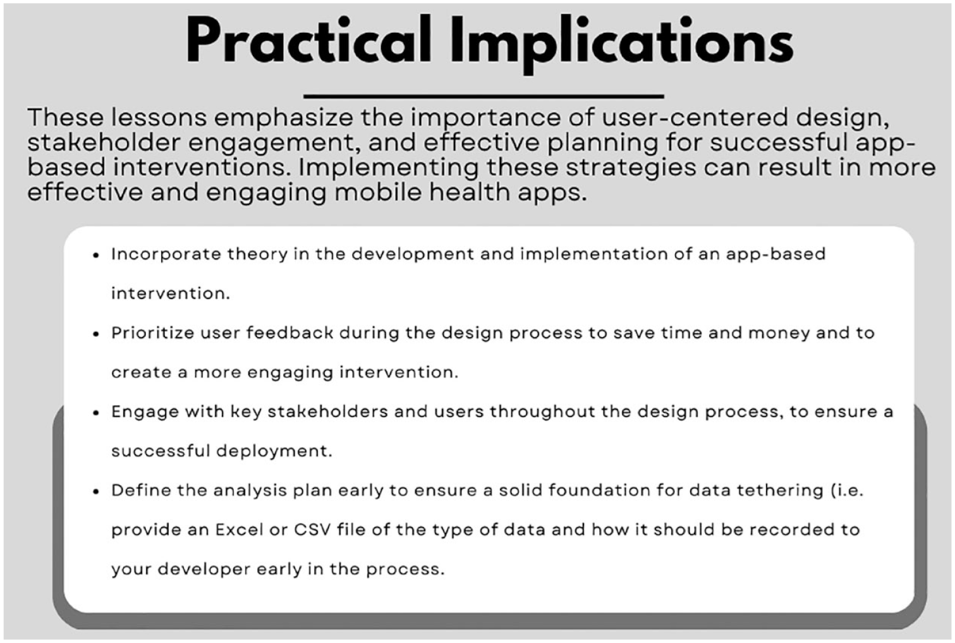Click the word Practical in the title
click(308, 41)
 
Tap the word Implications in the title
click(622, 45)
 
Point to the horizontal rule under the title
click(484, 96)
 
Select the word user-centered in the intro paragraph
click(695, 117)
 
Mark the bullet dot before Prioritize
click(96, 334)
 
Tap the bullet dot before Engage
click(96, 413)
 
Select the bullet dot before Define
click(96, 492)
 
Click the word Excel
click(239, 530)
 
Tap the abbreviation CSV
click(312, 530)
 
